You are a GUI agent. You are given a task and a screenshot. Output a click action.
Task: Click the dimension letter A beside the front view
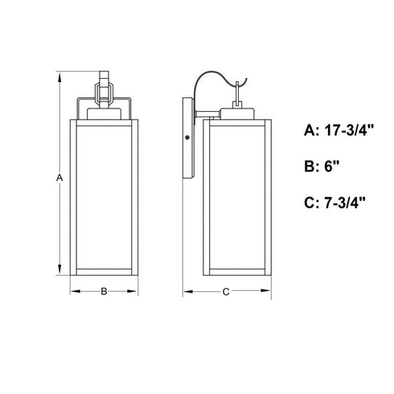coord(60,178)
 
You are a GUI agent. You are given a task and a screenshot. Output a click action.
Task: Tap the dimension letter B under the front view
coord(104,291)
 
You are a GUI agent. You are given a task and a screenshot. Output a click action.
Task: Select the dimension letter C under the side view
coord(226,292)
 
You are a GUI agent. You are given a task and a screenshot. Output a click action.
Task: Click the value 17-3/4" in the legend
coord(349,130)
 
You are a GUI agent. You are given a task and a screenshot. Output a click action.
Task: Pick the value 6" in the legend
coord(332,166)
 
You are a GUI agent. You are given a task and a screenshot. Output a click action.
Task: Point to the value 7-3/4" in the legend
coord(345,203)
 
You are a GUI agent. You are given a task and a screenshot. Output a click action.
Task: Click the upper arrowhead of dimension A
coord(60,77)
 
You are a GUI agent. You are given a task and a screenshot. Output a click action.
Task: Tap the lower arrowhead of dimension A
coord(60,269)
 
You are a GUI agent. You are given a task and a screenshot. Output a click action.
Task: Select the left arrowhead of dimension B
coord(76,291)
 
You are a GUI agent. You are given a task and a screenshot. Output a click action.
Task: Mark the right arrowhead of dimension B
coord(133,291)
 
